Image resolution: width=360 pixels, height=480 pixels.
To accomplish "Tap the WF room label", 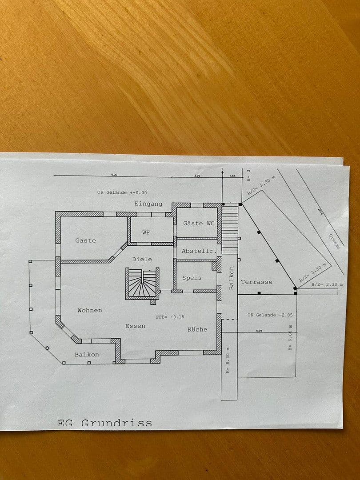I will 146,232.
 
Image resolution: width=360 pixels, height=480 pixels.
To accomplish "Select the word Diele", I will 142,259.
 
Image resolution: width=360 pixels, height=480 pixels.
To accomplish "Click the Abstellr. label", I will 199,251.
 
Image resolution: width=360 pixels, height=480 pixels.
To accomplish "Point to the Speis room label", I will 192,278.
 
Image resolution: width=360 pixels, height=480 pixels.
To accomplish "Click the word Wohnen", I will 89,310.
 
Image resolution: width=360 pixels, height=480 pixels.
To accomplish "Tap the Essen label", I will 135,326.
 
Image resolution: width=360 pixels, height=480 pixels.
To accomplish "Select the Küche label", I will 197,329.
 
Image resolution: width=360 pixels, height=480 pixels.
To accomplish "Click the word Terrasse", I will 256,282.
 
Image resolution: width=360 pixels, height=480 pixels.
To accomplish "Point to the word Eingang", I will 148,204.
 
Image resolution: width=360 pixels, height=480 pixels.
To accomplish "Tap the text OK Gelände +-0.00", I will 122,192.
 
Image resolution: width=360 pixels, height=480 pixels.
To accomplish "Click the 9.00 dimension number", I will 114,175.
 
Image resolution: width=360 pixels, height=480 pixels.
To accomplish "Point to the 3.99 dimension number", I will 198,176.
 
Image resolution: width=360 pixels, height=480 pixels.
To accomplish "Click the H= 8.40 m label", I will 228,360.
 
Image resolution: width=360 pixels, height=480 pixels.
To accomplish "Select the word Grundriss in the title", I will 116,423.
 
